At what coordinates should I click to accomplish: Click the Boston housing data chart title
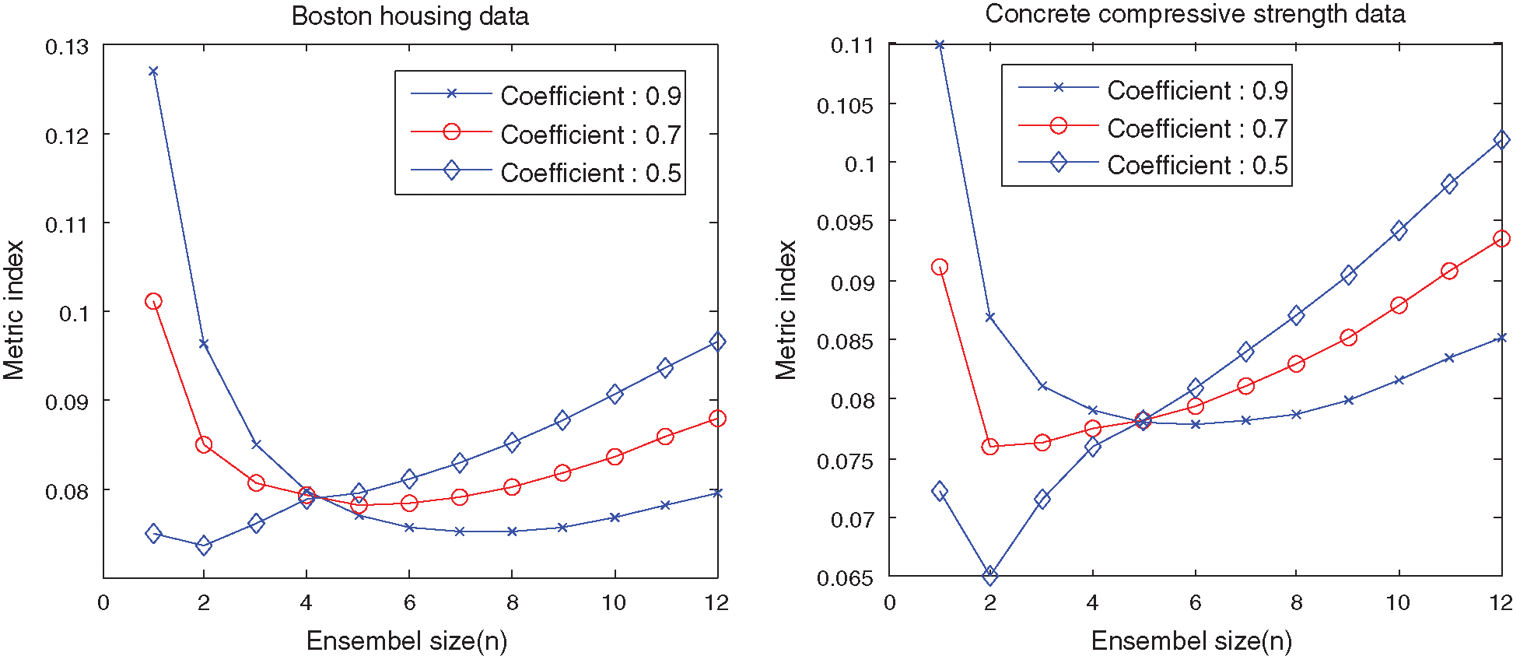(410, 16)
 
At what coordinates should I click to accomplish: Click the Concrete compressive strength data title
(1195, 14)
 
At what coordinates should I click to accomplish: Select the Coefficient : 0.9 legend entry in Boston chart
(590, 96)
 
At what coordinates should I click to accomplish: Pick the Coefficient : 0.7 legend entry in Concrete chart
(1197, 128)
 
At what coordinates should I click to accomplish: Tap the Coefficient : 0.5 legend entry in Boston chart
(590, 173)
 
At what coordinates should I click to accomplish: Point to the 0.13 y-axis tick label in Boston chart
(67, 47)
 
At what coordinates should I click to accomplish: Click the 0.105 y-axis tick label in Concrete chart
(845, 105)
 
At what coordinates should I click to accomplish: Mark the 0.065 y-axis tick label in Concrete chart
(845, 578)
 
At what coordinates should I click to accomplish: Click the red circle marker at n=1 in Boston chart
(153, 301)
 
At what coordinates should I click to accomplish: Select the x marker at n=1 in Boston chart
(153, 72)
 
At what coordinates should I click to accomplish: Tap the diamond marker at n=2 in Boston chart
(204, 545)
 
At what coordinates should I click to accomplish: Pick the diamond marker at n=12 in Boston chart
(717, 342)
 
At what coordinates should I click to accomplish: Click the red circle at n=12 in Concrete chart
(1501, 239)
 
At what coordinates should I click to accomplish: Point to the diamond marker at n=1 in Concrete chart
(940, 491)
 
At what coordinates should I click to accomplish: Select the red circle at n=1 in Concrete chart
(940, 267)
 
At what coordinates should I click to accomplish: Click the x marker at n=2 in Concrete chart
(990, 317)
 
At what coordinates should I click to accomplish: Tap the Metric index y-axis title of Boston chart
(14, 310)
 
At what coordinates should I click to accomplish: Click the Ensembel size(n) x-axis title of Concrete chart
(1191, 640)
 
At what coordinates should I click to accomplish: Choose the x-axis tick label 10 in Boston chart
(614, 603)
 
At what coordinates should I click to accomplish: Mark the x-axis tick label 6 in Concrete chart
(1195, 603)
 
